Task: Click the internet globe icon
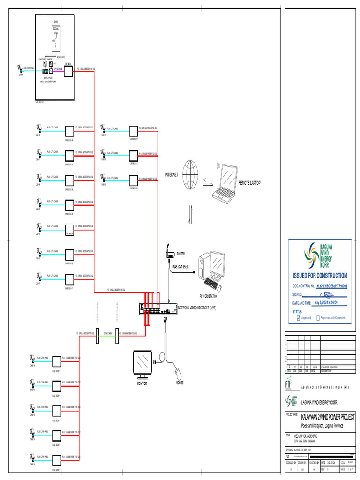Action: click(191, 176)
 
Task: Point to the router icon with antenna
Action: click(170, 254)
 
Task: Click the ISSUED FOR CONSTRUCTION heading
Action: click(320, 276)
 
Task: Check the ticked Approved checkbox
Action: click(299, 318)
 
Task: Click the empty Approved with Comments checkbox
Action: click(318, 318)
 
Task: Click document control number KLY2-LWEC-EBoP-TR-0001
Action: click(331, 285)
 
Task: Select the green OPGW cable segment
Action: click(107, 334)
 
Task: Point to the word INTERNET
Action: click(171, 175)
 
